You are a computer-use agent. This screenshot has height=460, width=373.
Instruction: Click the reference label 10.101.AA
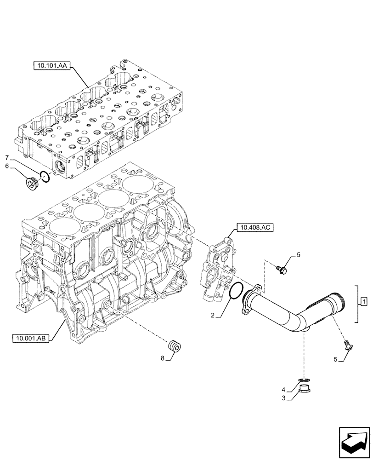point(51,66)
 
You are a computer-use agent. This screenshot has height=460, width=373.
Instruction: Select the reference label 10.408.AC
point(254,227)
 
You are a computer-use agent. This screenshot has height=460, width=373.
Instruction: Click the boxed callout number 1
point(363,302)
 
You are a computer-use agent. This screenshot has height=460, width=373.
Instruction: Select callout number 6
point(6,167)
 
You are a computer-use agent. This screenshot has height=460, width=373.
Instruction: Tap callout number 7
point(6,158)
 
